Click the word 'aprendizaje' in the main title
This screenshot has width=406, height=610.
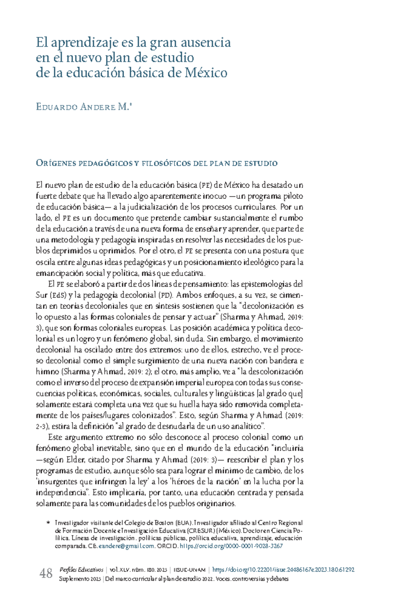(x=83, y=43)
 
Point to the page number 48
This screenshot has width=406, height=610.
(x=46, y=573)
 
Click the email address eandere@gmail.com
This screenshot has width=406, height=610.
(x=126, y=546)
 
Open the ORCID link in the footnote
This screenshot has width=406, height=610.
(x=231, y=546)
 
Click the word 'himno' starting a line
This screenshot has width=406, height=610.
(x=47, y=372)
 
